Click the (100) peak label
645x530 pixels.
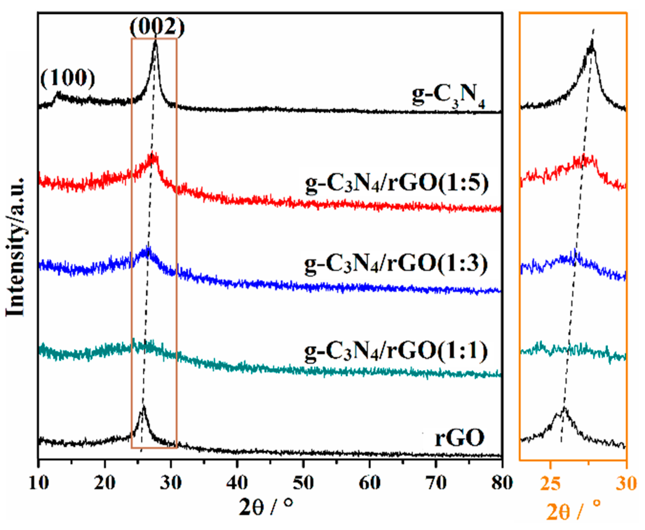pos(68,78)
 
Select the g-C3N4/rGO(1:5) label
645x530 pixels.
pos(396,184)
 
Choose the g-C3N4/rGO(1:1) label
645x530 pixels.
pos(395,351)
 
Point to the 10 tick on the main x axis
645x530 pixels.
pos(39,484)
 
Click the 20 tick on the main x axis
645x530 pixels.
pos(104,484)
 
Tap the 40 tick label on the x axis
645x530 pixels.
pos(237,484)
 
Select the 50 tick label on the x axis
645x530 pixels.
pos(303,484)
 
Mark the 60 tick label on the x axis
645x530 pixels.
pos(369,484)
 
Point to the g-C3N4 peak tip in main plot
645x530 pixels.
pos(155,41)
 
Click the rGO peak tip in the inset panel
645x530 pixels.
pos(564,408)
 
